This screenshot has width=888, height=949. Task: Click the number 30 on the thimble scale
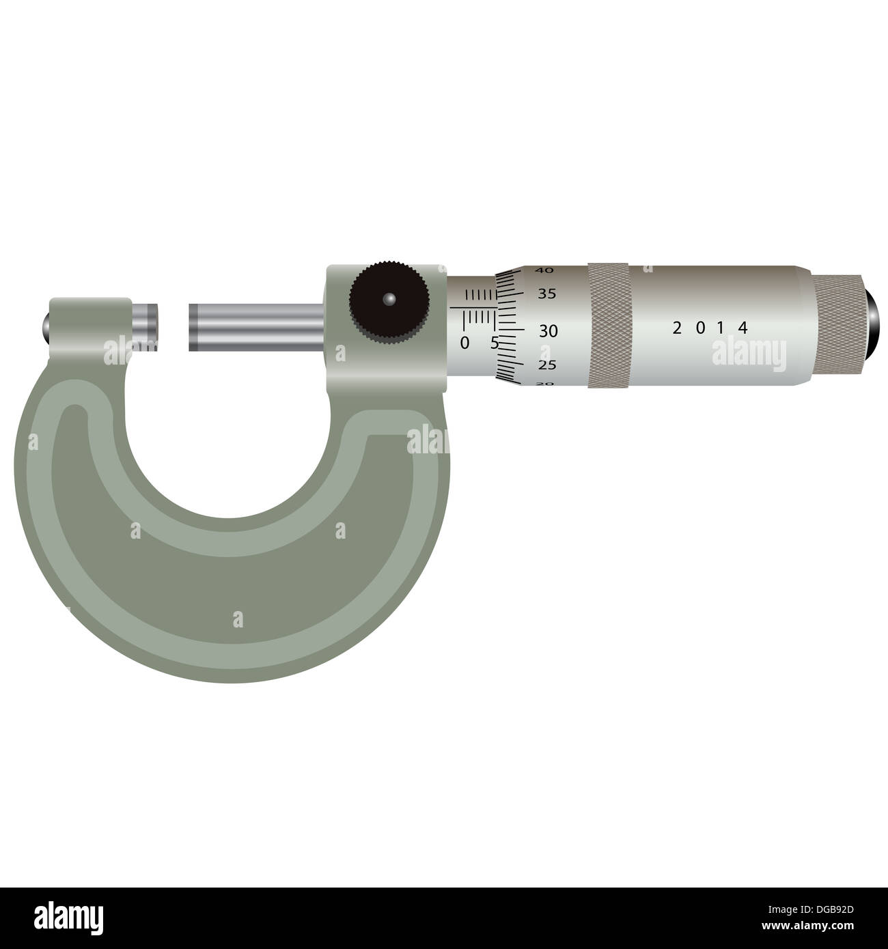(x=549, y=332)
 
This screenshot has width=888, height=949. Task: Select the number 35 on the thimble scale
(x=547, y=295)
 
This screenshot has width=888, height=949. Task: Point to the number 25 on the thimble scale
(x=547, y=365)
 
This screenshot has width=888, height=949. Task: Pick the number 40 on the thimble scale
(x=544, y=270)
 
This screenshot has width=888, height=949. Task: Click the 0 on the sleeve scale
(x=464, y=343)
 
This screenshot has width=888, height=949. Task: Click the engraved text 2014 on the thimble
(x=710, y=328)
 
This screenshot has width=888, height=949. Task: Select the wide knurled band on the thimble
(x=609, y=325)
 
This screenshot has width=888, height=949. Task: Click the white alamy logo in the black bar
(x=70, y=917)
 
